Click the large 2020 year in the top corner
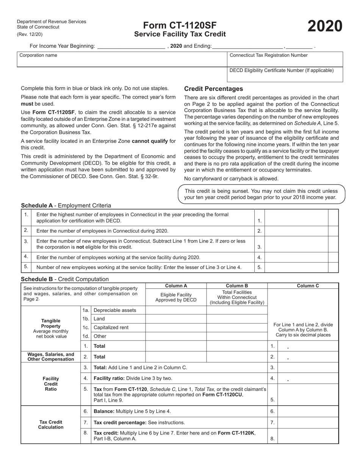coord(325,27)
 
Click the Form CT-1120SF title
coord(180,25)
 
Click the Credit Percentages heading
coord(213,89)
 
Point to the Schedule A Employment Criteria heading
coord(66,205)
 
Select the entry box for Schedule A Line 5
coord(296,267)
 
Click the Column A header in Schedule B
coord(176,286)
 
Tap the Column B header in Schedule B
coord(237,286)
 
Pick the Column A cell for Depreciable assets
coord(176,310)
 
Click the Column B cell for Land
coord(237,319)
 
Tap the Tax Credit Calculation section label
coord(51,425)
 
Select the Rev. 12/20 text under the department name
coord(30,34)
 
